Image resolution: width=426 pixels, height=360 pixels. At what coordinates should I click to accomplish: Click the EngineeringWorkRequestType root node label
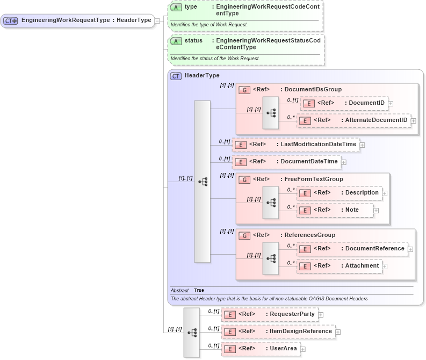pos(86,20)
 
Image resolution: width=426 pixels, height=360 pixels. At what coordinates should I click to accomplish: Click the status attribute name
pos(193,40)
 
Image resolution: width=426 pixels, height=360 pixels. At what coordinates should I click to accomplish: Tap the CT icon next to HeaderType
pos(176,76)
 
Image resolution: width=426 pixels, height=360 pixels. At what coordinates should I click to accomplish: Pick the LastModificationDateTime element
pos(318,145)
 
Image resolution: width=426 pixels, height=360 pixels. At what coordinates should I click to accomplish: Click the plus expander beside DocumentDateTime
pos(344,162)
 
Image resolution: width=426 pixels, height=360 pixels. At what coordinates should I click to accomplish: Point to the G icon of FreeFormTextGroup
pos(244,179)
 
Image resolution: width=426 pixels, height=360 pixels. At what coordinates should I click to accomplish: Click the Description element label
pos(362,192)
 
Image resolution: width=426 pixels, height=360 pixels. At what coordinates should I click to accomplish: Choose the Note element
pos(352,210)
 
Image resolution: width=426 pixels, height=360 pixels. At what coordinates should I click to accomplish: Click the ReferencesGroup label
pos(309,235)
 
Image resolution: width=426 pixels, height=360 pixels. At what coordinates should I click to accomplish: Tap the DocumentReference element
pos(374,249)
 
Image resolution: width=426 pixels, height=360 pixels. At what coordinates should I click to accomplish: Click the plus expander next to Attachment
pos(385,266)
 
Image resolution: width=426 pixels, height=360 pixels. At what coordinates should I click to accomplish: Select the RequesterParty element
pos(292,314)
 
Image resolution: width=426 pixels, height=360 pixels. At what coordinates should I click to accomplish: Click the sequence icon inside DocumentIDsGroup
pos(270,113)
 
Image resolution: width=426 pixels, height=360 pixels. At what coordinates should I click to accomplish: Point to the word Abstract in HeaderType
pos(179,291)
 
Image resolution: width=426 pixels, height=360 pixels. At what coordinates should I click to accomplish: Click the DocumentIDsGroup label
pos(313,89)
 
